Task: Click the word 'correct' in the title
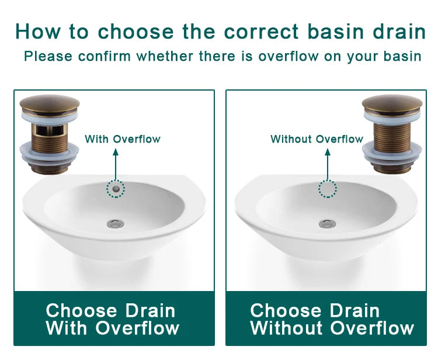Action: [262, 31]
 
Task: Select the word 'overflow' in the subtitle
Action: [288, 56]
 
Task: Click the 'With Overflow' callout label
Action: [123, 139]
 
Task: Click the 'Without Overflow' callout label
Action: [317, 139]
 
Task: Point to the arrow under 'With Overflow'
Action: [116, 164]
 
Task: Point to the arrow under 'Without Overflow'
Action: [328, 164]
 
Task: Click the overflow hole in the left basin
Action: [116, 189]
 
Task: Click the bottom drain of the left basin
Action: [116, 224]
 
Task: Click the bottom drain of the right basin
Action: [328, 224]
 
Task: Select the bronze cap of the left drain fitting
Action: [50, 105]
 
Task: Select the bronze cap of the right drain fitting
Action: [392, 105]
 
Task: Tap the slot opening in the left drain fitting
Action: [50, 130]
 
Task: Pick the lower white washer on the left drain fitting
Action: [50, 153]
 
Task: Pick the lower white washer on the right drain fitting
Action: [392, 153]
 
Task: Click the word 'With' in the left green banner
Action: [67, 328]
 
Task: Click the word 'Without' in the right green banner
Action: [286, 328]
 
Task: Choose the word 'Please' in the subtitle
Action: [48, 56]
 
